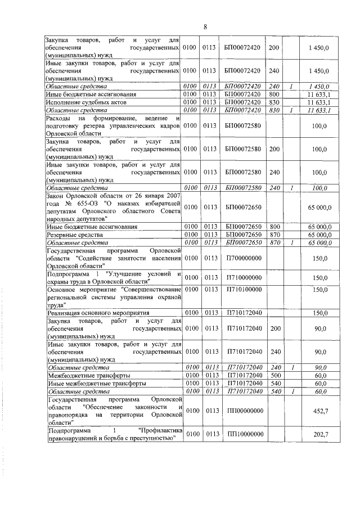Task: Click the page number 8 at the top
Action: coord(205,27)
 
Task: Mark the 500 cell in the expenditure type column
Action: coord(275,375)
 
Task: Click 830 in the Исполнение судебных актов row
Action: coord(275,103)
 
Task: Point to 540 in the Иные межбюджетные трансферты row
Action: coord(275,382)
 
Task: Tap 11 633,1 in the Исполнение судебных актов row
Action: coord(319,103)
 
